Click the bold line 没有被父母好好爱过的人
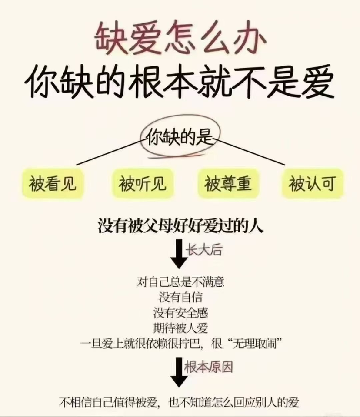click(x=180, y=227)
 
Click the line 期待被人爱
click(x=180, y=327)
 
